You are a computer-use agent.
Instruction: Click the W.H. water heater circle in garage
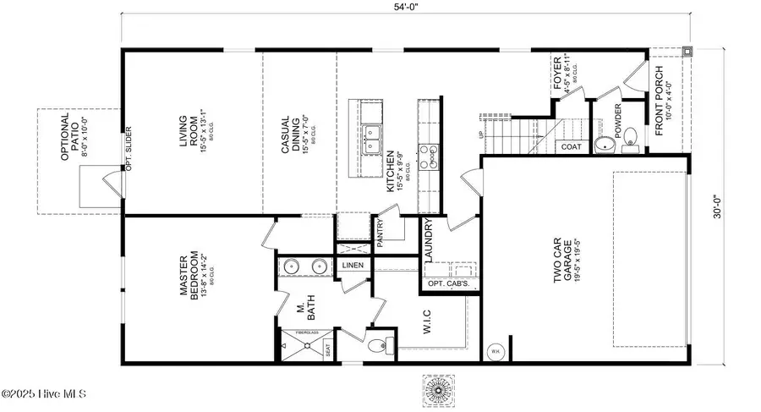(x=495, y=351)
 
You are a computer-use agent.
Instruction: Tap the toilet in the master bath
(x=383, y=345)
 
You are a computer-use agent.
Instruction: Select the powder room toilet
(x=605, y=146)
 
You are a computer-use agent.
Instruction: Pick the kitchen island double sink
(x=370, y=140)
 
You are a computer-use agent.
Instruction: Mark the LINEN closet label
(x=352, y=266)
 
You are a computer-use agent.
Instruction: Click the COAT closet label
(x=570, y=146)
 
